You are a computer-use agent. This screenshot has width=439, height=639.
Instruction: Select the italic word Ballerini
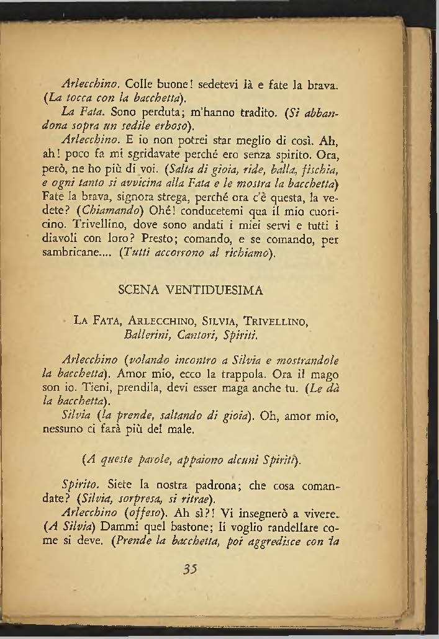pyautogui.click(x=147, y=336)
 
